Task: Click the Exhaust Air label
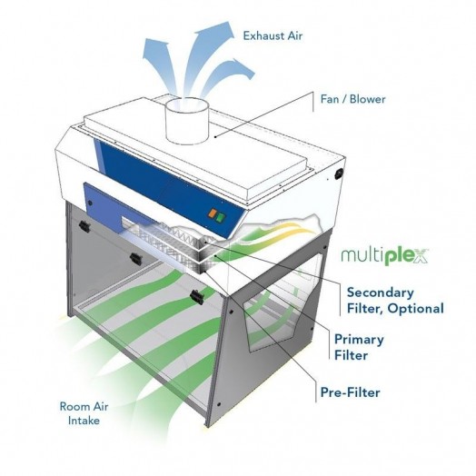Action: coord(273,35)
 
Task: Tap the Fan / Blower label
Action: coord(352,99)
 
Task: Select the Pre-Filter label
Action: coord(351,392)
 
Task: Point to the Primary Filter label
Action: coord(359,347)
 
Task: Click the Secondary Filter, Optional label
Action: coord(395,301)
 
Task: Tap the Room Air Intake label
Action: coord(84,413)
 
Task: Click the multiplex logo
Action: coord(384,256)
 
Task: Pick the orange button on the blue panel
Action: coord(212,213)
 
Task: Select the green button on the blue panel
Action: coord(221,217)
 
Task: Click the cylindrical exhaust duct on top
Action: coord(187,121)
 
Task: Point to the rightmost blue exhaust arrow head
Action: coord(242,68)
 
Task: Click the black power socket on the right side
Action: coord(339,174)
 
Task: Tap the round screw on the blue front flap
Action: coord(90,203)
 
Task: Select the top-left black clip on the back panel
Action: coord(84,226)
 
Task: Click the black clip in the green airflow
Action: coord(197,297)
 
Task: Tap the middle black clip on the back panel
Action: coord(135,258)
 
